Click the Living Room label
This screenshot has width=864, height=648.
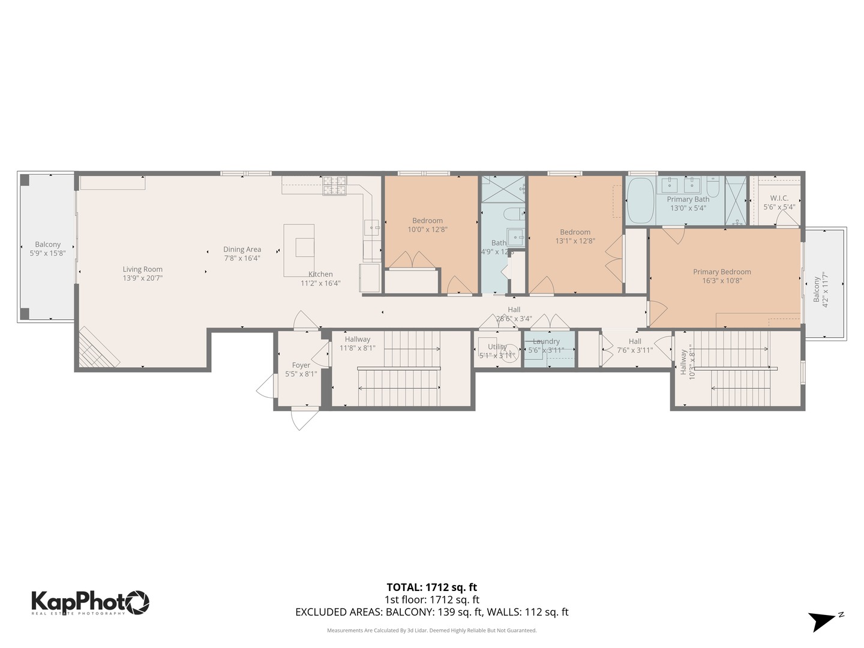(143, 269)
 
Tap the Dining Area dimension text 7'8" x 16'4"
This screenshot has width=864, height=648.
(242, 259)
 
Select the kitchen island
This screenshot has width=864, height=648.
(299, 250)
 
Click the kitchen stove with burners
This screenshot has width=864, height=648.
(335, 185)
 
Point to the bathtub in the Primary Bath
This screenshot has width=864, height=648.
(641, 200)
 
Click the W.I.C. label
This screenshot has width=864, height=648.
(779, 199)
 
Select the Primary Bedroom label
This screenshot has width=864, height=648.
(722, 272)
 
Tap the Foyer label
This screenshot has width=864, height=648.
(301, 365)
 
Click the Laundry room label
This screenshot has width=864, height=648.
(546, 341)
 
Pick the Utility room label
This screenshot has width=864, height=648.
(497, 347)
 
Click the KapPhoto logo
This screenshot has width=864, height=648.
(90, 602)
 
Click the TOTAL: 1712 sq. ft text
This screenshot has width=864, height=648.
(431, 587)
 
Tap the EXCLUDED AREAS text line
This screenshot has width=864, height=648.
(431, 612)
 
